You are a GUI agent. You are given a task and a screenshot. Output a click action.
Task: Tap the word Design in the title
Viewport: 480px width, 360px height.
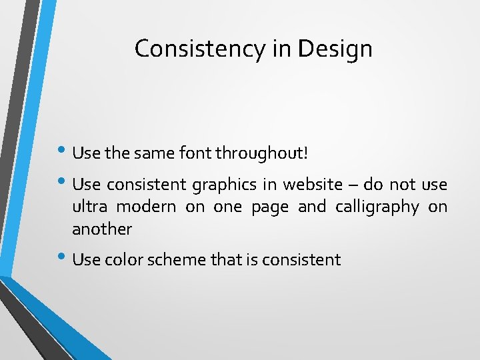point(335,49)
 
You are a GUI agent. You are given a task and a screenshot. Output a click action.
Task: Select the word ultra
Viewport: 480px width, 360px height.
point(88,207)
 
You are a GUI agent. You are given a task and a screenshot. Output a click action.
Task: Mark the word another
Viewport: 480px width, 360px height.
point(102,229)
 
